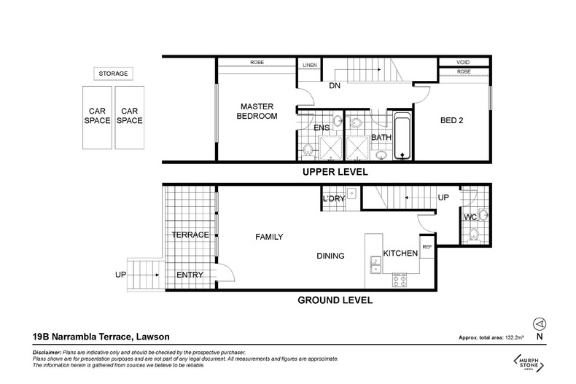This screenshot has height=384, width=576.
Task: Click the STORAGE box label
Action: coord(113,74)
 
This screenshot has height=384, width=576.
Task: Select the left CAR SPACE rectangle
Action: coord(98,117)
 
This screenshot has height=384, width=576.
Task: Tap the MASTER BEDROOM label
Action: coord(257,111)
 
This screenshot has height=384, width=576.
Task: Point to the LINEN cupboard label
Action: coord(310,65)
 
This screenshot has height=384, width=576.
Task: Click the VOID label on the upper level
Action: coord(463,62)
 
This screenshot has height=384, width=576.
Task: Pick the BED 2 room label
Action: coord(452,120)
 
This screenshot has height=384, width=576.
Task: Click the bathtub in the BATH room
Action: coord(402,136)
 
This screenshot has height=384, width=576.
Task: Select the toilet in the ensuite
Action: coord(308,151)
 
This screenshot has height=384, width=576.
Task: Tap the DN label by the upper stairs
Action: coord(335,86)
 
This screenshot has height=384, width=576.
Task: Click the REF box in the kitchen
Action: coord(427,251)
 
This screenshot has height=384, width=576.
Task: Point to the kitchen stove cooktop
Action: coord(400,280)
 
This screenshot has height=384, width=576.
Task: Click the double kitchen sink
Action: coord(375,265)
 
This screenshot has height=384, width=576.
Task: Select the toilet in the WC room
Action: coord(474,235)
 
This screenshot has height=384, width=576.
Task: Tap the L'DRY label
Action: coord(333,199)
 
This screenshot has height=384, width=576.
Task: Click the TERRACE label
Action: coord(190,235)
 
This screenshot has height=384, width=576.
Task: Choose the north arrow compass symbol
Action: coord(540,324)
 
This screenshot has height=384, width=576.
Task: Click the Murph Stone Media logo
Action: coord(529,363)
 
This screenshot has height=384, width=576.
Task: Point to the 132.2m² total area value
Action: coord(515,337)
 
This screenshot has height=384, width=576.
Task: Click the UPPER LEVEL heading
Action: coord(335,172)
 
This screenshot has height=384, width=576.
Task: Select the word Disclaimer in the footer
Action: coord(47,353)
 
